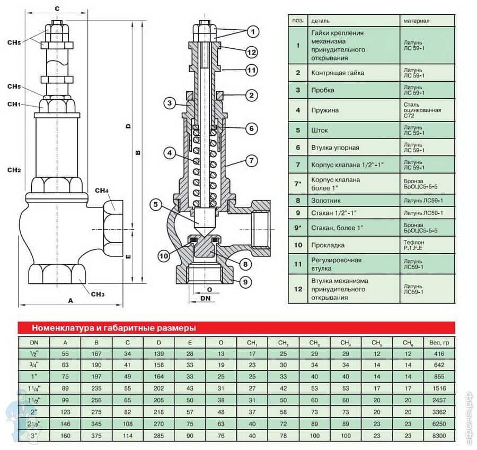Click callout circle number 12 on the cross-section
tap(251, 52)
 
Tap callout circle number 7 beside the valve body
tap(251, 160)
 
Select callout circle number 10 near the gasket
tap(164, 255)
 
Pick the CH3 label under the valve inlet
tap(98, 294)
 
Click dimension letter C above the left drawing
tap(57, 8)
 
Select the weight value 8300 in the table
tap(439, 436)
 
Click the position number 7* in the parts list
tap(298, 183)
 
